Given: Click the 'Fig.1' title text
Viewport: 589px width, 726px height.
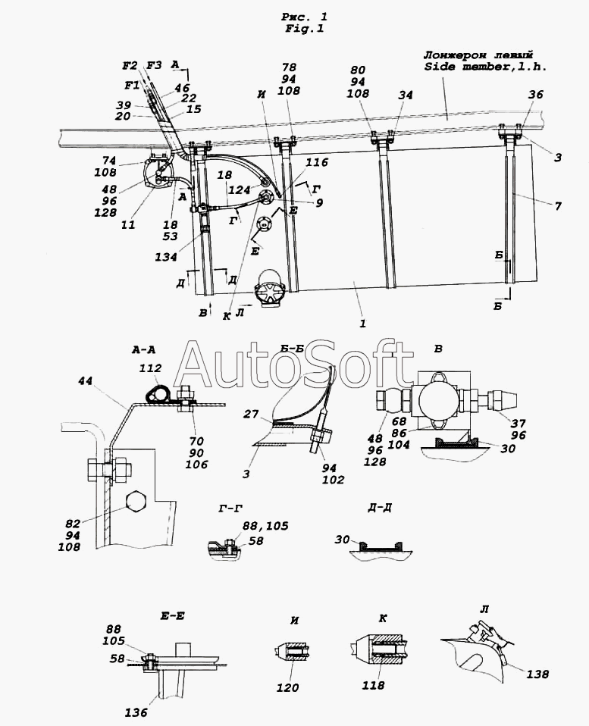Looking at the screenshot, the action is click(x=304, y=28).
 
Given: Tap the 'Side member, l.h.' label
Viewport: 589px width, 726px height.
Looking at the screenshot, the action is click(x=486, y=67).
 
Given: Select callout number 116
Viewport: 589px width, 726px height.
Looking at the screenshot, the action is click(x=317, y=162).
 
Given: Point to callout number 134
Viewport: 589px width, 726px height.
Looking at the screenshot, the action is click(x=166, y=256).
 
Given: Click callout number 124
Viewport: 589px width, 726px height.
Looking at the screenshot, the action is click(x=240, y=189).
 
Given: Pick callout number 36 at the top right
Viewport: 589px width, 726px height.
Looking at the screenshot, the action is click(x=535, y=95).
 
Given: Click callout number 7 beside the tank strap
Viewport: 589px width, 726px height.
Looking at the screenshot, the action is click(x=558, y=205).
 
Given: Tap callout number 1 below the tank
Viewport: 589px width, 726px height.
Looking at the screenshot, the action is click(x=362, y=323).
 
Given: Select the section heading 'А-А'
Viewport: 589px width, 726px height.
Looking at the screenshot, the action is click(x=143, y=351).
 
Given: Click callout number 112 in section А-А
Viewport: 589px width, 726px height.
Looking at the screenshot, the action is click(x=151, y=368).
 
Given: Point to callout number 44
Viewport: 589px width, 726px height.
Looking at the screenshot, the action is click(x=85, y=381).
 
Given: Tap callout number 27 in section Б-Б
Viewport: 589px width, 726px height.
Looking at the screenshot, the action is click(x=252, y=414).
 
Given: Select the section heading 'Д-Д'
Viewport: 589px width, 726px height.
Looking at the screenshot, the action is click(x=380, y=508).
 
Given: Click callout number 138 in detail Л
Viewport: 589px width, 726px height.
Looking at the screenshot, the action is click(x=537, y=674).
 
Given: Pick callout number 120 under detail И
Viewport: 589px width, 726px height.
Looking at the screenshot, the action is click(x=287, y=688).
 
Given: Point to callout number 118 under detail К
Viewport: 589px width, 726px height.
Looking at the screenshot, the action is click(x=374, y=685).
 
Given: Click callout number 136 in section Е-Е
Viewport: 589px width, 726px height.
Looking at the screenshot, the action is click(x=136, y=712).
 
